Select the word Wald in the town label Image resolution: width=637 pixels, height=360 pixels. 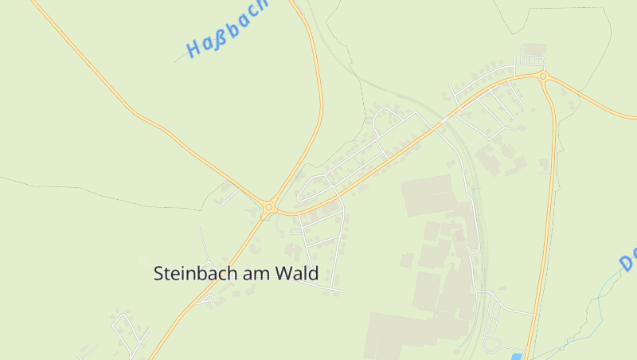pyautogui.click(x=296, y=273)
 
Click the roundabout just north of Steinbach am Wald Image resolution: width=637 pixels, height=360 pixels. pyautogui.click(x=269, y=208)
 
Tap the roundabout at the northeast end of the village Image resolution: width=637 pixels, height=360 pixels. pyautogui.click(x=543, y=76)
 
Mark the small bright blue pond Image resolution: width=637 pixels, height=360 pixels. pyautogui.click(x=517, y=355)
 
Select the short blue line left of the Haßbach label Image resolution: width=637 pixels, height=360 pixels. pyautogui.click(x=179, y=59)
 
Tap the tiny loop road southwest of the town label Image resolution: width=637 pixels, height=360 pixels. pyautogui.click(x=205, y=299)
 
